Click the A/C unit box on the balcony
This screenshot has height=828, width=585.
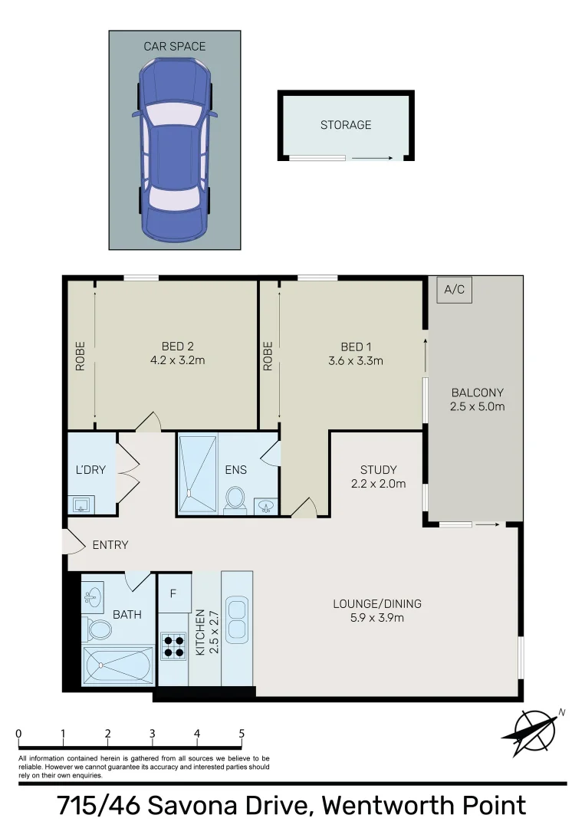click(455, 291)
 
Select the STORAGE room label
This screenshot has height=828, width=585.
click(346, 125)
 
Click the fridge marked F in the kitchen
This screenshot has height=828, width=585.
click(173, 593)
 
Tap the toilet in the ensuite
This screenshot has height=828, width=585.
click(235, 499)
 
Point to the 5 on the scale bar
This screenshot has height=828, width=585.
click(242, 734)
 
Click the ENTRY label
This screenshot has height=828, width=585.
click(110, 545)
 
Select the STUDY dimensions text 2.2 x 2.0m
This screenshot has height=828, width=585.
click(378, 484)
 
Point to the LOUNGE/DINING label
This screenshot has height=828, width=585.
click(377, 603)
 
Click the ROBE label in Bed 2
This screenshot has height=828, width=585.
click(81, 356)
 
